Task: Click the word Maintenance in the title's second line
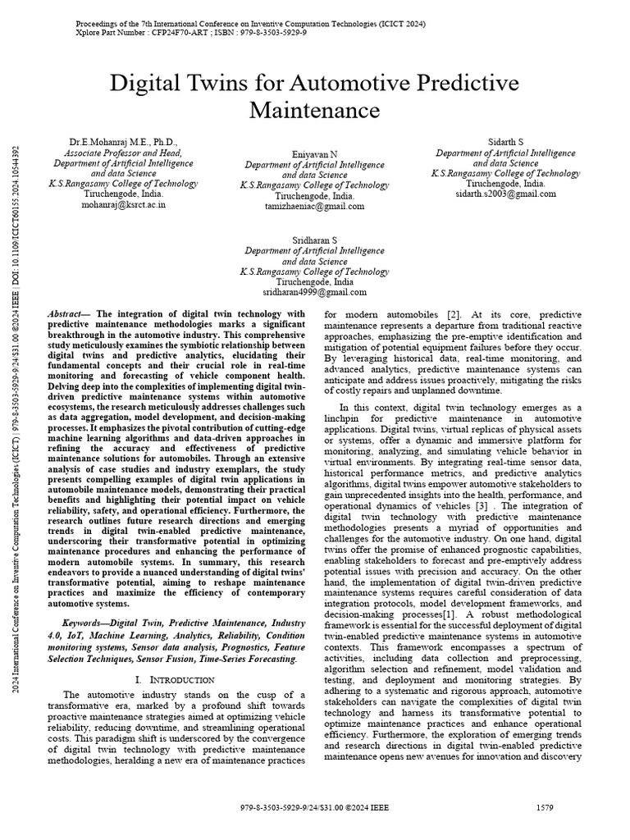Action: (315, 109)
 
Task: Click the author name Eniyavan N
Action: (314, 153)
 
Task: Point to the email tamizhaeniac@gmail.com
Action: (314, 207)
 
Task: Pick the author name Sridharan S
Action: (314, 238)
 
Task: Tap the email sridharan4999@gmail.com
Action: (314, 291)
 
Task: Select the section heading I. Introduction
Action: (174, 680)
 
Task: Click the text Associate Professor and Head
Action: (124, 153)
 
